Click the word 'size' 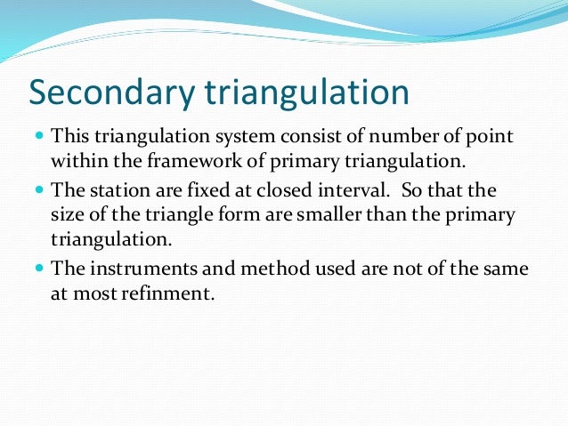pos(66,215)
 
